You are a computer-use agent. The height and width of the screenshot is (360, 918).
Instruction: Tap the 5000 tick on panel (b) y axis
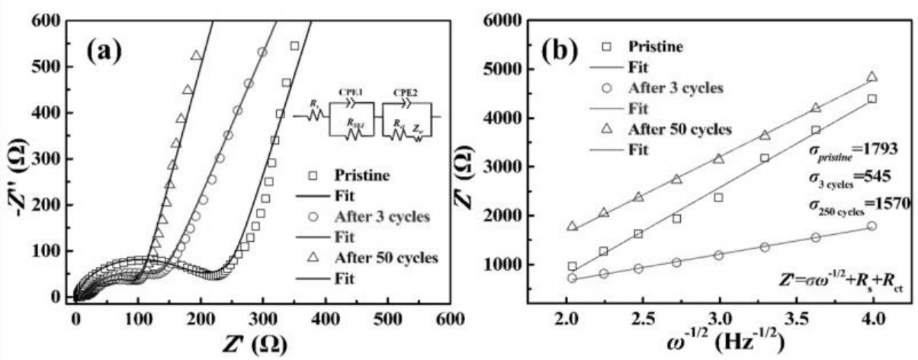pyautogui.click(x=521, y=69)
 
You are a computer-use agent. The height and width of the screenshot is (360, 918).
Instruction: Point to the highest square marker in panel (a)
pyautogui.click(x=294, y=46)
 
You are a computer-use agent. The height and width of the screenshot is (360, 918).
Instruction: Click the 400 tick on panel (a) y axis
pyautogui.click(x=51, y=113)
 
